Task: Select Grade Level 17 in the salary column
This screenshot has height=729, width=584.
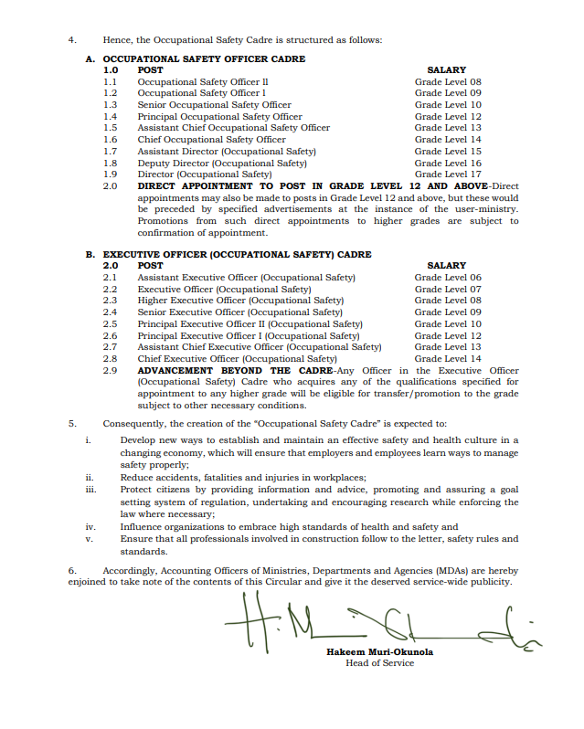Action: coord(447,174)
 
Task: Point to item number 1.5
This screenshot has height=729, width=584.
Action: coord(110,128)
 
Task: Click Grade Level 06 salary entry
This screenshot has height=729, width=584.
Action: coord(447,278)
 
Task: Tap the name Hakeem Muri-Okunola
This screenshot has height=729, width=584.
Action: coord(379,651)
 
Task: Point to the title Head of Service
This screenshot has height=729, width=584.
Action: coord(379,663)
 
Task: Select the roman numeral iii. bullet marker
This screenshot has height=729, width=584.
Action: coord(90,490)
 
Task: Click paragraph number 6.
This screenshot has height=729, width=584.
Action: coord(72,570)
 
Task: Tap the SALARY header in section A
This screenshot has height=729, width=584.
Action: coord(446,70)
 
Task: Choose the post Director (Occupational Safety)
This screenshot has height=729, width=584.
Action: coord(205,174)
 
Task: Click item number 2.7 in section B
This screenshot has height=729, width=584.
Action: coord(110,347)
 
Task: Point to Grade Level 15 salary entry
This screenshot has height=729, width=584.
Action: coord(447,152)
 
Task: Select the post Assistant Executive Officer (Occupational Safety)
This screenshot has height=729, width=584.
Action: coord(246,278)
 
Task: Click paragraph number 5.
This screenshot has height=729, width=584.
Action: coord(72,424)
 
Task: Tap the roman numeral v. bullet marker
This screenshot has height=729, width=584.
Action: coord(90,539)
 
